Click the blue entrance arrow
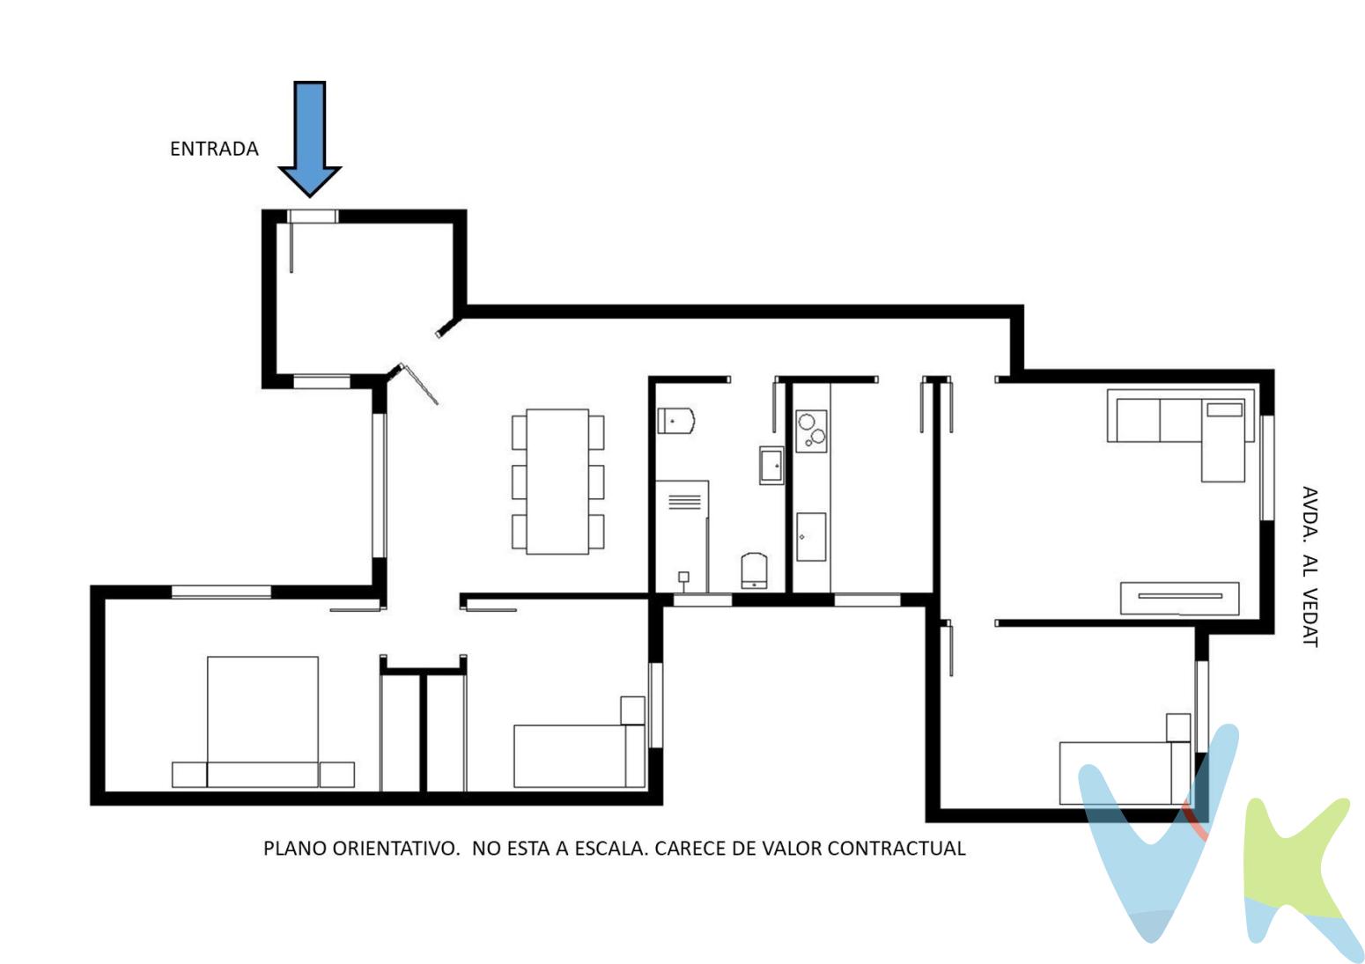point(310,139)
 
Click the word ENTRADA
point(214,150)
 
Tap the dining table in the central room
point(557,482)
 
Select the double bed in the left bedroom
point(262,722)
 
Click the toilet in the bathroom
point(675,421)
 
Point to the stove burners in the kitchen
point(811,430)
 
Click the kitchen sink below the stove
point(811,537)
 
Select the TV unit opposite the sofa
point(1179,599)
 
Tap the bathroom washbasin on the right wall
point(771,466)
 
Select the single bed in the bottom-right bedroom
point(1125,773)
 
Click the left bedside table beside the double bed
point(189,775)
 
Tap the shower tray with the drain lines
point(682,535)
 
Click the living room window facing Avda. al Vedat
point(1267,468)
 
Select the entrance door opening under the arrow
point(313,217)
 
